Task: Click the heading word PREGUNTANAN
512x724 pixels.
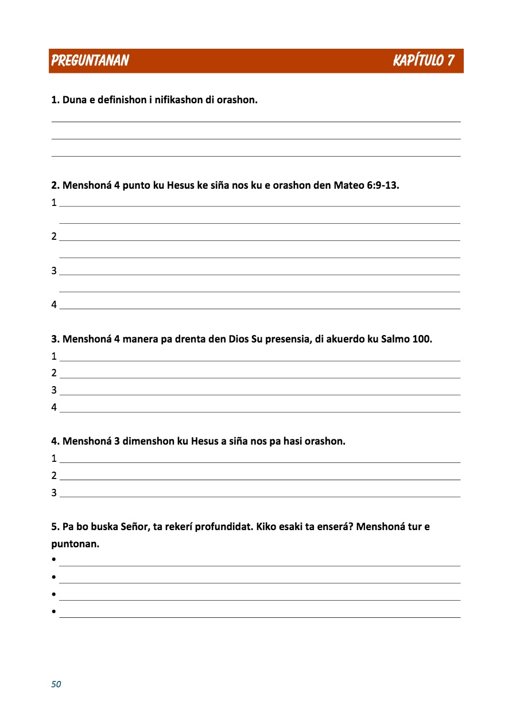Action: pos(90,60)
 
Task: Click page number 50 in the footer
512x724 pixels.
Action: pos(56,684)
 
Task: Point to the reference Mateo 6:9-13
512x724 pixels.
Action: pos(366,185)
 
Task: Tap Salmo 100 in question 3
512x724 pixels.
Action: pos(406,338)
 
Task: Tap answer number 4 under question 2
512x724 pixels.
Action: pos(54,305)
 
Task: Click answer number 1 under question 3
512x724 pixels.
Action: pos(54,356)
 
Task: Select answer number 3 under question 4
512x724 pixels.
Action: pos(54,492)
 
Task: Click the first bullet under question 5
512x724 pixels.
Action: pos(53,560)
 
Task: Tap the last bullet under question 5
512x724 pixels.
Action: pos(53,612)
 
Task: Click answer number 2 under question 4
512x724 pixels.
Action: pos(54,476)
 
